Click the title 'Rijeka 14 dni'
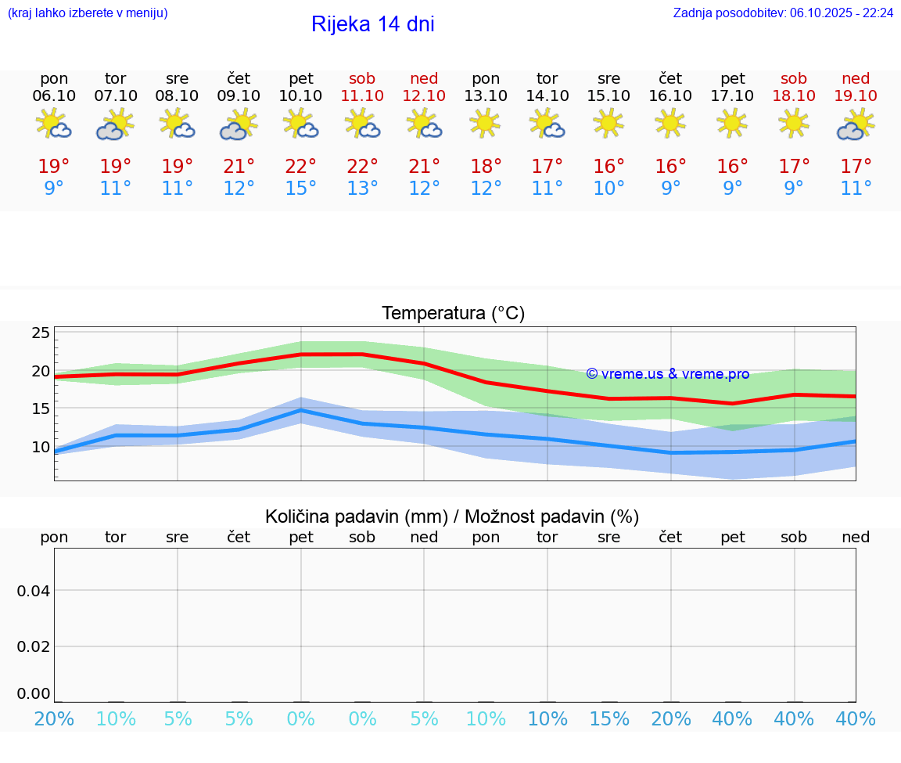pos(372,24)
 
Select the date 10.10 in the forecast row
pos(300,95)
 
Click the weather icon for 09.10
pos(239,124)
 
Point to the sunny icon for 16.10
pos(670,124)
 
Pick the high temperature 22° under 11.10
pos(362,166)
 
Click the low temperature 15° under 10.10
pos(300,188)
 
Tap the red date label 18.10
pos(794,95)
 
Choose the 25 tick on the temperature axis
pos(41,333)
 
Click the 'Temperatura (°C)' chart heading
pos(453,314)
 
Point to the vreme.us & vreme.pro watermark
pos(667,374)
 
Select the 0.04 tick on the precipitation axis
pos(34,591)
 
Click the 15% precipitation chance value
pos(608,719)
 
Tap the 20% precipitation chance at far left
pos(55,719)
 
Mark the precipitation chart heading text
pos(452,516)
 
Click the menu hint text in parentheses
pos(88,13)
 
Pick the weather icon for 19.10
pos(856,124)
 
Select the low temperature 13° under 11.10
pos(362,188)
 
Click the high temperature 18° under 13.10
pos(486,166)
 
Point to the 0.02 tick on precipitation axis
pos(34,646)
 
